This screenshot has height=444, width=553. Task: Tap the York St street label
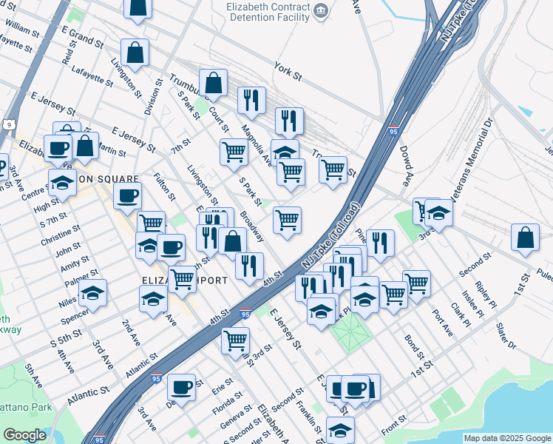click(288, 70)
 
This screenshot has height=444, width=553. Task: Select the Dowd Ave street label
click(407, 165)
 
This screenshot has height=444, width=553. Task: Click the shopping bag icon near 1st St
click(525, 238)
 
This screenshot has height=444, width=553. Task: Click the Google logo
click(25, 435)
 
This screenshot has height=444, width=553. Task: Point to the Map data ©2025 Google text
click(507, 438)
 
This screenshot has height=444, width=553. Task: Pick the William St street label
click(21, 28)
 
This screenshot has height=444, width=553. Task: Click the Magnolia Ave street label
click(256, 145)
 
